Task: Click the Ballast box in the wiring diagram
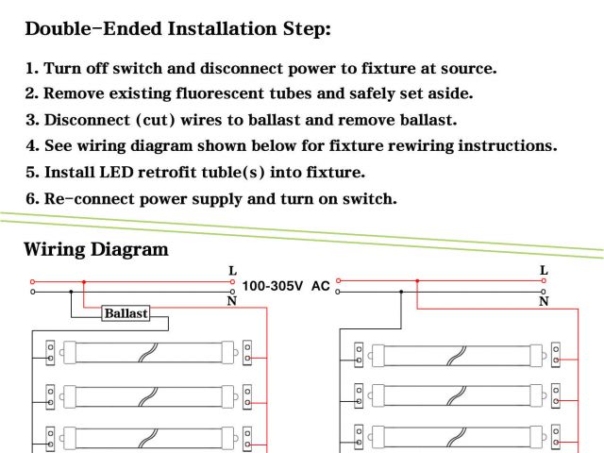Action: click(x=126, y=313)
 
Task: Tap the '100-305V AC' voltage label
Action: click(x=286, y=285)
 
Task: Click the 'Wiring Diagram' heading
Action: click(x=95, y=250)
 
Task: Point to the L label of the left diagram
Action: click(x=232, y=271)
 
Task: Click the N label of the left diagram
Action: click(x=232, y=301)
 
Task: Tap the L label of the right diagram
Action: click(x=544, y=271)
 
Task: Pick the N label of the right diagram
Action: click(x=544, y=301)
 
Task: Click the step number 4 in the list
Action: click(x=31, y=146)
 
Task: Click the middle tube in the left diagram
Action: click(x=145, y=394)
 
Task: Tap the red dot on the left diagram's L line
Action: click(x=84, y=281)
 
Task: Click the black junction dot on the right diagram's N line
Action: click(x=401, y=292)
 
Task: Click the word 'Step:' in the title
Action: click(x=301, y=28)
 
